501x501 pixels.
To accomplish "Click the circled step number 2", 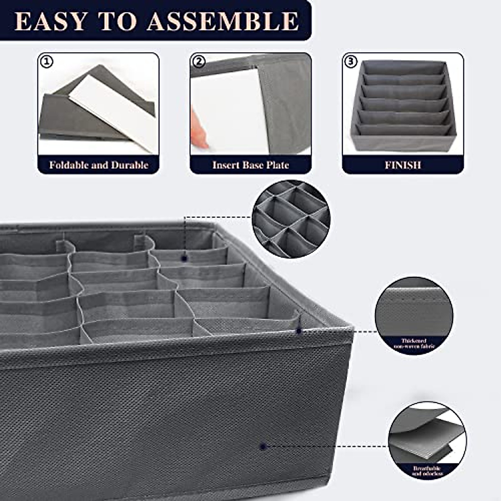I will (199, 62).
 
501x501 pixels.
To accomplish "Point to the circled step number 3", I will (351, 62).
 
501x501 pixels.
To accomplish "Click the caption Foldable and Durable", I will (99, 165).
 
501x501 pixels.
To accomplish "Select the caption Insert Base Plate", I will (250, 165).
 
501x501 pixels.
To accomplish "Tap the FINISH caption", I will (402, 165).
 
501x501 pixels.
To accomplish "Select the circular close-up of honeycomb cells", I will (291, 218).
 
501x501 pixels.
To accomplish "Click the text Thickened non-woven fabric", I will (414, 343).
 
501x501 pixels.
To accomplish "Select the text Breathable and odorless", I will (427, 471).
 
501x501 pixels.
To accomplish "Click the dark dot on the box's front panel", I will (263, 446).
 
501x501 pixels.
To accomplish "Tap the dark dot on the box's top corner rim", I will (299, 331).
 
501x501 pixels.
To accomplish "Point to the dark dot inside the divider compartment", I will (184, 258).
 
